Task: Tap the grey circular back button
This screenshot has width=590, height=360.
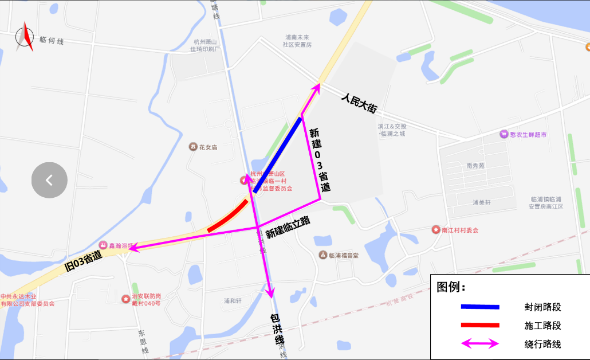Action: coord(49,181)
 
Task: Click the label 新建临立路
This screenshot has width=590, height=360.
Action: coord(288,228)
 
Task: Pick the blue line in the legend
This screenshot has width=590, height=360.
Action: coord(480,307)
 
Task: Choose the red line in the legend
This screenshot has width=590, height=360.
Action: coord(480,326)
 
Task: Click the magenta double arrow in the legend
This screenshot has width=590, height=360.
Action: coord(480,345)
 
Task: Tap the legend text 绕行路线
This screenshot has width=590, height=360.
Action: coord(542,345)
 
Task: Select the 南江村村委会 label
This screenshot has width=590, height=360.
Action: coord(459,230)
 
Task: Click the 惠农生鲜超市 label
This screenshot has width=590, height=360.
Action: coord(528,135)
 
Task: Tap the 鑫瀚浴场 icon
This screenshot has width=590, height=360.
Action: coord(104,245)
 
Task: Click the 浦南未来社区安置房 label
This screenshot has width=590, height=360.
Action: coord(298,40)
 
